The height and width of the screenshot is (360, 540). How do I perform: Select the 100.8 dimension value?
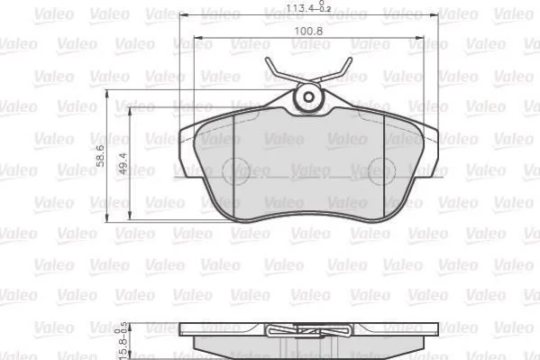pyautogui.click(x=308, y=32)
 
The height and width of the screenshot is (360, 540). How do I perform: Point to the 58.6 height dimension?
pyautogui.click(x=100, y=156)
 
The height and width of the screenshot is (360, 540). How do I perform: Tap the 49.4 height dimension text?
pyautogui.click(x=123, y=163)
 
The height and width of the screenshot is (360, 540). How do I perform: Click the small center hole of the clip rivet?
pyautogui.click(x=309, y=97)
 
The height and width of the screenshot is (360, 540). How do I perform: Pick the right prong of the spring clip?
pyautogui.click(x=334, y=70)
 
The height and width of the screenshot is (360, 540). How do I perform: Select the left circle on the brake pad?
pyautogui.click(x=236, y=171)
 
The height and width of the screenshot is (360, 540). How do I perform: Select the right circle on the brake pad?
pyautogui.click(x=381, y=171)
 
